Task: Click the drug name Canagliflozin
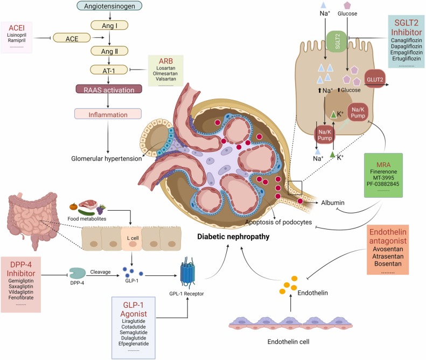(x=406, y=40)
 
